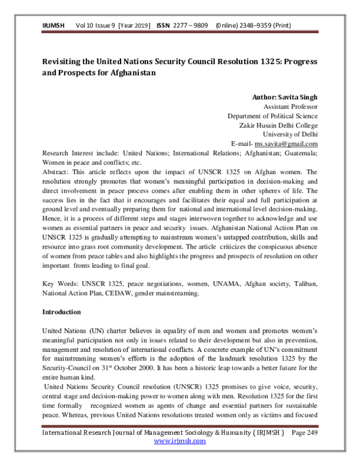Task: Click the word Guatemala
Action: (299, 153)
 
